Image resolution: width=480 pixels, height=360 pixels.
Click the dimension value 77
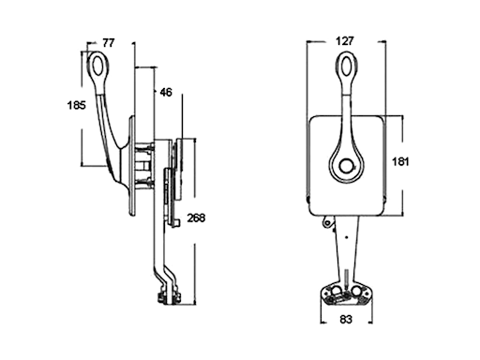click(109, 43)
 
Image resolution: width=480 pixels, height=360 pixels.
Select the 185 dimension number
click(76, 105)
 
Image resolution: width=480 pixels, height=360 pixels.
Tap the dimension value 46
click(166, 92)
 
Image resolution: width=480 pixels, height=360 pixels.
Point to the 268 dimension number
click(196, 217)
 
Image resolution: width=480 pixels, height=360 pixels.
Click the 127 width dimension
click(345, 41)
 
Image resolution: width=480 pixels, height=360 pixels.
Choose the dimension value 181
click(400, 161)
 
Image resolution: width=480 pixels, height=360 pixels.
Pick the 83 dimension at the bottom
click(346, 320)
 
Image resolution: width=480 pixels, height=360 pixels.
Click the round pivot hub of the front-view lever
click(347, 166)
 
